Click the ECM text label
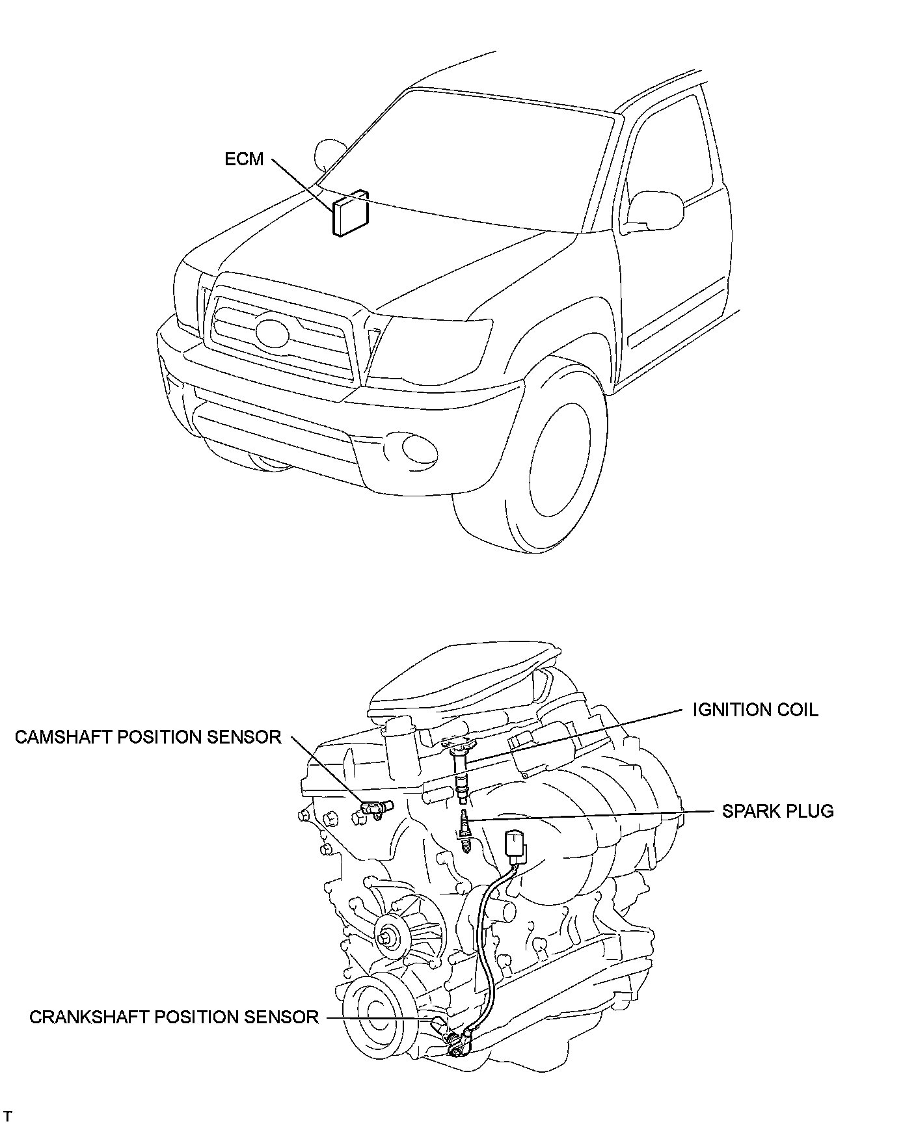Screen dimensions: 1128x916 click(x=244, y=159)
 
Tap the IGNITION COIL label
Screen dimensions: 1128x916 click(x=755, y=709)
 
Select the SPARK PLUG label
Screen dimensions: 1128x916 click(x=777, y=811)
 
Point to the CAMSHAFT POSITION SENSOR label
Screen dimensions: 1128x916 click(x=148, y=737)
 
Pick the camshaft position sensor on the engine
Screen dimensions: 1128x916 click(x=375, y=809)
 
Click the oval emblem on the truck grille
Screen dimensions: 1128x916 click(x=272, y=331)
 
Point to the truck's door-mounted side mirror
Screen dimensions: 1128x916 click(x=654, y=208)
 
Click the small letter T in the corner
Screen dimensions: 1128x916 click(x=8, y=1117)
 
